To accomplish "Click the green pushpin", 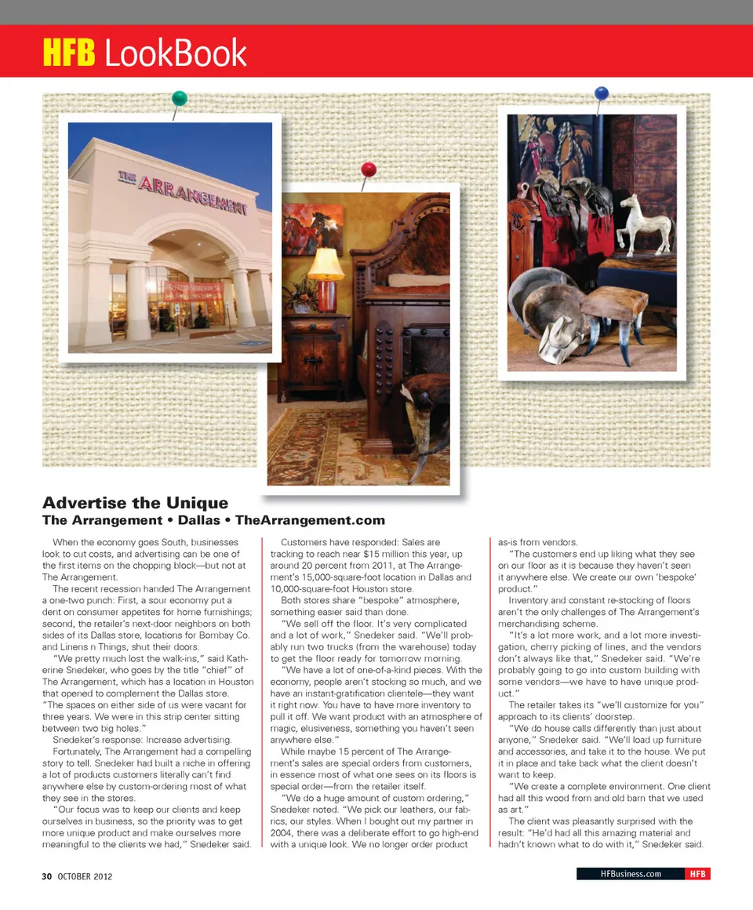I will click(x=180, y=99).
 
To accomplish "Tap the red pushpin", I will click(x=369, y=170).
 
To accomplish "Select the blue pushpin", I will click(x=602, y=94).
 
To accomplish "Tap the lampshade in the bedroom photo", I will click(x=326, y=264).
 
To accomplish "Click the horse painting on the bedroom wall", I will click(x=312, y=227).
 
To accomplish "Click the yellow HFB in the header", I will click(x=69, y=53).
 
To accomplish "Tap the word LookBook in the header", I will click(x=175, y=53).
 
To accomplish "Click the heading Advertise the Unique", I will click(x=135, y=503).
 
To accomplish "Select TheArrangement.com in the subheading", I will click(x=310, y=520).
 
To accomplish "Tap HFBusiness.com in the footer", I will click(x=630, y=874).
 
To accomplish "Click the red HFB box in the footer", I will click(x=697, y=874).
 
